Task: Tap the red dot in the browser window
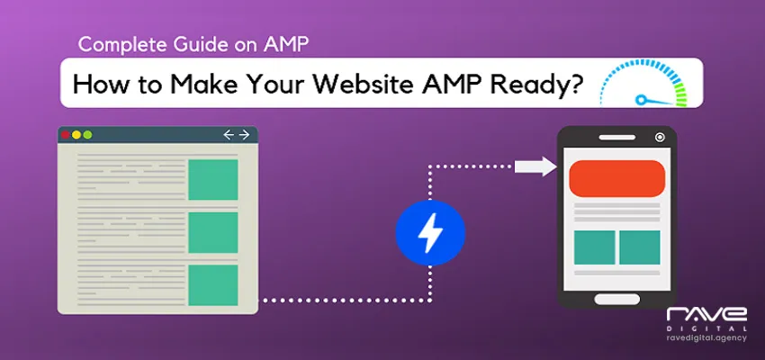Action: (65, 135)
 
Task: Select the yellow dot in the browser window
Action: (76, 135)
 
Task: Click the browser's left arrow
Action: (229, 135)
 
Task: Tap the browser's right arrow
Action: (244, 135)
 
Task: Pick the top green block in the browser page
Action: (212, 180)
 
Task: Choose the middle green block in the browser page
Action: (212, 232)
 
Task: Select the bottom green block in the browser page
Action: (212, 285)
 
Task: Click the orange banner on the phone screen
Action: (617, 177)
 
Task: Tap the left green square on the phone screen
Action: (594, 248)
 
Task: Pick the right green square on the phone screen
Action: (640, 248)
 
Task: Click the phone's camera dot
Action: (661, 138)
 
